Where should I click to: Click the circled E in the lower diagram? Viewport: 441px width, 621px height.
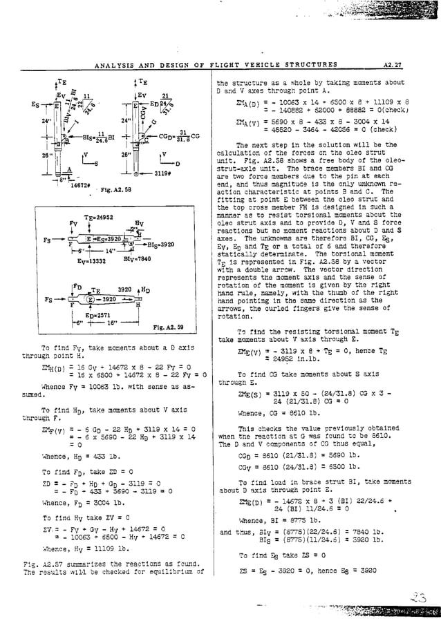89,300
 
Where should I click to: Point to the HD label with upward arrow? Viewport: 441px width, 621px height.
142,289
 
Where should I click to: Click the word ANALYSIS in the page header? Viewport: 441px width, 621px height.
114,65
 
